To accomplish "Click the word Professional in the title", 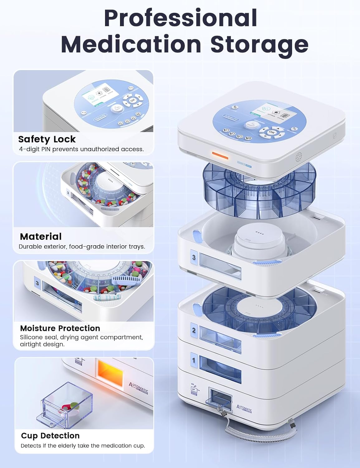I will click(180, 18).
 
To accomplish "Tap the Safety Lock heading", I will click(47, 139).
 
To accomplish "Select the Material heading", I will click(41, 236).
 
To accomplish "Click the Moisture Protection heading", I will click(60, 328).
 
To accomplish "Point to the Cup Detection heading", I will click(50, 436).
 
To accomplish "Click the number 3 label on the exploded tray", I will click(194, 257).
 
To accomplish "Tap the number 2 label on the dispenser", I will click(194, 330).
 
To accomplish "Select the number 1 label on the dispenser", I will click(194, 360).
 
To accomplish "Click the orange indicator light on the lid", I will click(220, 155).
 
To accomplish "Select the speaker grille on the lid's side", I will click(299, 156).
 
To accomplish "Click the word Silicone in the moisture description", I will click(32, 337).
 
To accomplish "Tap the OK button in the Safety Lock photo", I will click(133, 100).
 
